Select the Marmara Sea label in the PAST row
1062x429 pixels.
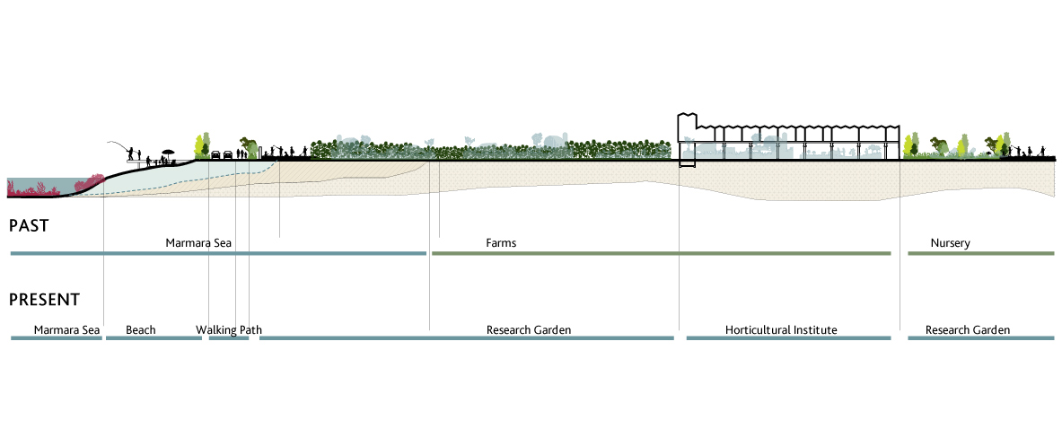tap(199, 243)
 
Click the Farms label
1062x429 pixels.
tap(501, 243)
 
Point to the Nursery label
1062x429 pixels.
tap(950, 243)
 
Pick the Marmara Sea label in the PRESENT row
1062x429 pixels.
tap(66, 330)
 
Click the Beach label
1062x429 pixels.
tap(141, 330)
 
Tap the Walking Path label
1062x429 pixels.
tap(229, 330)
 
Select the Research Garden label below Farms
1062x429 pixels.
tap(529, 330)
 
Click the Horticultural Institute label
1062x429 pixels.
tap(781, 330)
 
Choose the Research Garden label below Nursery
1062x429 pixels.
tap(968, 330)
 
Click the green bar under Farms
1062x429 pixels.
tap(661, 254)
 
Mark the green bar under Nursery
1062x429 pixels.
tap(980, 254)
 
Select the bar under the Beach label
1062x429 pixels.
tap(154, 338)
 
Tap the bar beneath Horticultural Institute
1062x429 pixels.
tap(788, 338)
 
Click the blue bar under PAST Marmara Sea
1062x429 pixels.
tap(217, 254)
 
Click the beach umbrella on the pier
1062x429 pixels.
tap(167, 153)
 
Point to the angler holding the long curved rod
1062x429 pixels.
tap(131, 155)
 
